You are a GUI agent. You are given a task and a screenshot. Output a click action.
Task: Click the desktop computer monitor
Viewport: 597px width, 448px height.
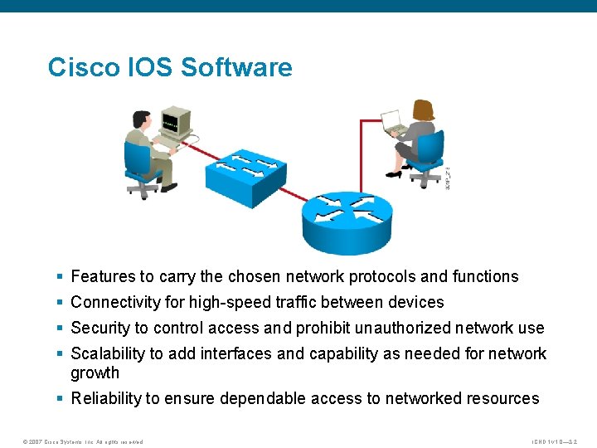tap(176, 122)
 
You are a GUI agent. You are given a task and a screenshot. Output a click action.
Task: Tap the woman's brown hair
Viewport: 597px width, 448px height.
tap(425, 110)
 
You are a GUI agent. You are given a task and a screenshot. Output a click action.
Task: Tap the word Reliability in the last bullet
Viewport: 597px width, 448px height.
tap(106, 399)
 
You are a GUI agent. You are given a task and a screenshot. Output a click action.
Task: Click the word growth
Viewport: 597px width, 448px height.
tap(95, 373)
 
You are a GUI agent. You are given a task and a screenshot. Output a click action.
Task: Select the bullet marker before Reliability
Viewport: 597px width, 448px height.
tap(61, 399)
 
